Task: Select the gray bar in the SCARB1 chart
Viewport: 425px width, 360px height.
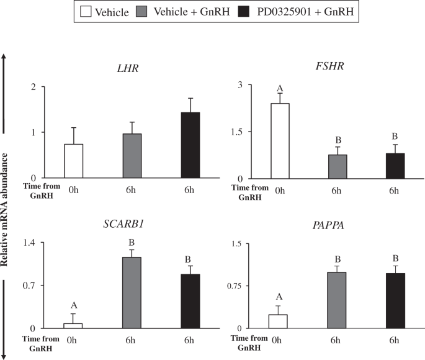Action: tap(132, 292)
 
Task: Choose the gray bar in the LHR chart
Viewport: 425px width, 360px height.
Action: tap(132, 156)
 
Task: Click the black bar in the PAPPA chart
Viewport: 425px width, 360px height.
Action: tap(395, 300)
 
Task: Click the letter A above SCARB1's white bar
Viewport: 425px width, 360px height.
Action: tap(74, 305)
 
